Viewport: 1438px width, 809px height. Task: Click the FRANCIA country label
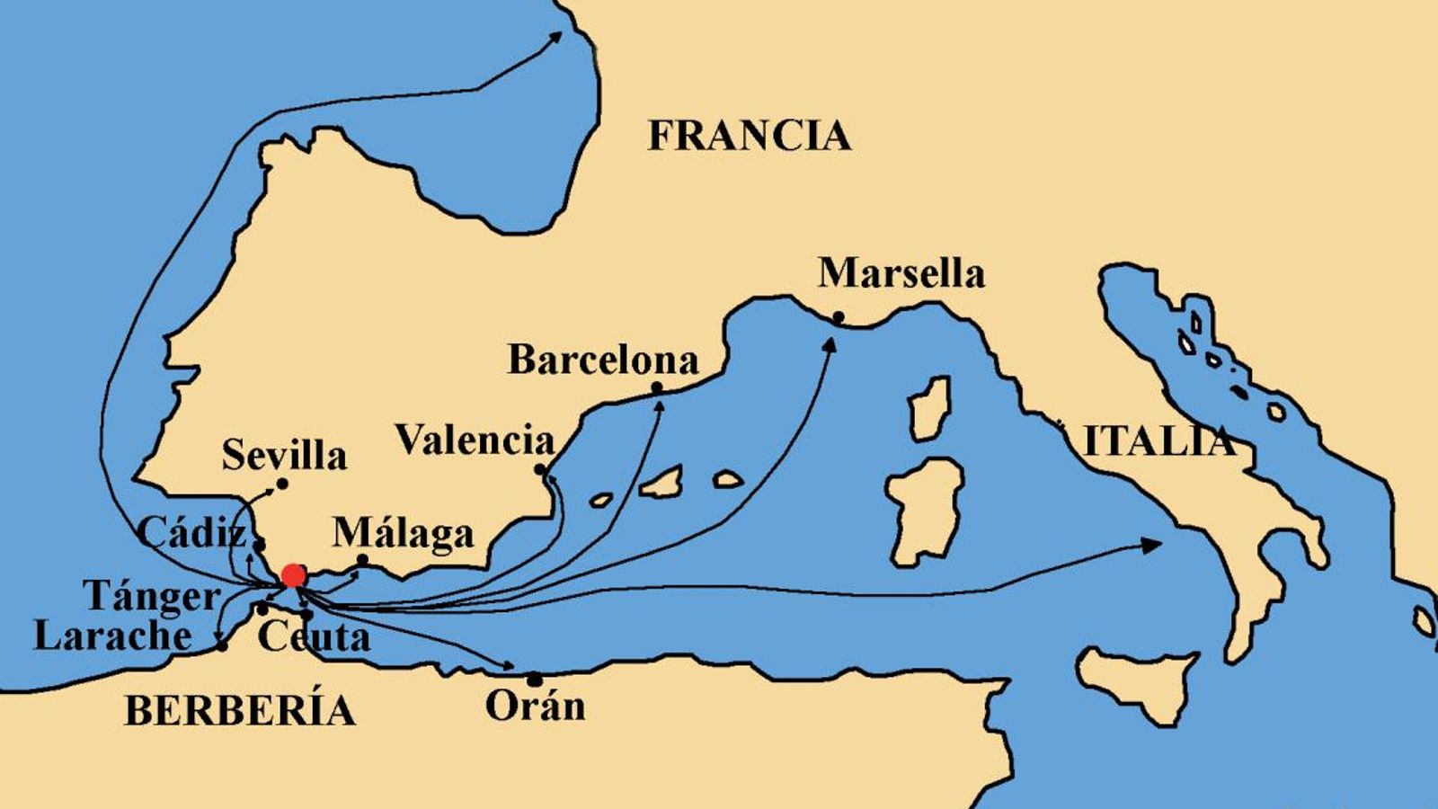(749, 136)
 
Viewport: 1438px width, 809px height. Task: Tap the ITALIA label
(1158, 441)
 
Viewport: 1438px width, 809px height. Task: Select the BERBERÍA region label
(239, 710)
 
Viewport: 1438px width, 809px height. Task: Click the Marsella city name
(901, 273)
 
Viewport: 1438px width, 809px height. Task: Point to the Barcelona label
(603, 360)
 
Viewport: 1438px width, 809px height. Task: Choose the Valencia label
(475, 440)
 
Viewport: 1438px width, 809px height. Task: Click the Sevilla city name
(284, 455)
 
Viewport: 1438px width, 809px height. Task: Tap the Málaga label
(403, 533)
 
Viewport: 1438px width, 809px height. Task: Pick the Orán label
(535, 705)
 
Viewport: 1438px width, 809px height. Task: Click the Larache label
(112, 636)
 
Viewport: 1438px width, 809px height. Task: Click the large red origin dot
(293, 575)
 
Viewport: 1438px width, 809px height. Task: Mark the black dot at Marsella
(838, 316)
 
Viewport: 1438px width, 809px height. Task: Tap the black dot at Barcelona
(657, 387)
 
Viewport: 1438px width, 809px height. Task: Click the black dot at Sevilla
(281, 484)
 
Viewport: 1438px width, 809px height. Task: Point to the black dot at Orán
(535, 678)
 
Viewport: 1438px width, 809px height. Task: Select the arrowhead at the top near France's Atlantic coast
(556, 36)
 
